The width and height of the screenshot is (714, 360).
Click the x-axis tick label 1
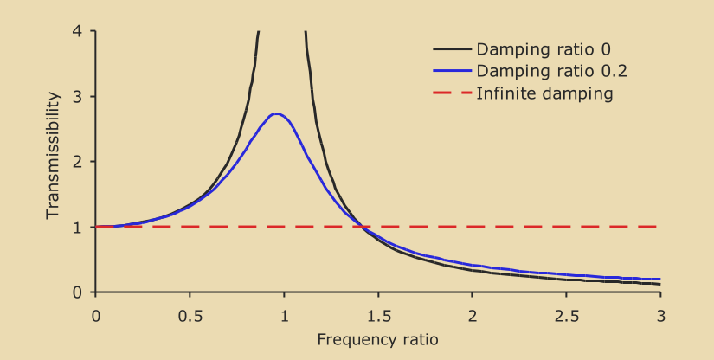[284, 314]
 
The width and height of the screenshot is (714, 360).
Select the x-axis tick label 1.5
[378, 314]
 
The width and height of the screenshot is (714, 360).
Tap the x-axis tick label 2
[472, 314]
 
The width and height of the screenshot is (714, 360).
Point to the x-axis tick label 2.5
[566, 314]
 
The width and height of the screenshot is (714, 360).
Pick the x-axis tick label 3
[660, 314]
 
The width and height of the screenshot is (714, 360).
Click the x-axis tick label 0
[95, 314]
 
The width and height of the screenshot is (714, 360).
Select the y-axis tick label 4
[79, 32]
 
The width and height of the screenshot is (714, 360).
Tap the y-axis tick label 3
[79, 97]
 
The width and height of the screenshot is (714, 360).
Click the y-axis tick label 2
[79, 162]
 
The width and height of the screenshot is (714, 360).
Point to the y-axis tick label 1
[79, 228]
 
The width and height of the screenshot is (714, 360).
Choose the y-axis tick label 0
[79, 292]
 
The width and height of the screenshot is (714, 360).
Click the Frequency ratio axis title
[377, 339]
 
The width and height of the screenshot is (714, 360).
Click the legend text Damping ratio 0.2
[544, 71]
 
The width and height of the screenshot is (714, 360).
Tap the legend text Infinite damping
[544, 93]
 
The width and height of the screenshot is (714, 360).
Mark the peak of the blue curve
[276, 113]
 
